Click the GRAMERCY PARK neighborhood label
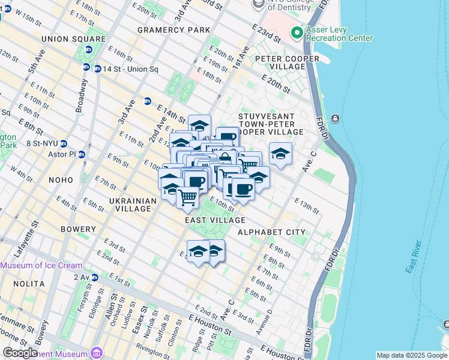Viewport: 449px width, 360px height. point(173,30)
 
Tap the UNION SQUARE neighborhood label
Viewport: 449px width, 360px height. point(65,39)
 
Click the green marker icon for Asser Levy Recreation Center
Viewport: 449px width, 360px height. point(296,32)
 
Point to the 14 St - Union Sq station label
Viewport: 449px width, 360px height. point(130,69)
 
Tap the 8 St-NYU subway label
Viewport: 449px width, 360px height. point(42,143)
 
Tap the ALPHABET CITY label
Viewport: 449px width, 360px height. point(271,232)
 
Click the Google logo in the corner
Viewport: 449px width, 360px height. point(20,353)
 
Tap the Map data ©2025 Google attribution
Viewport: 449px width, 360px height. point(411,355)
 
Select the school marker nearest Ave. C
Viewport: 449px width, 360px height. point(280,154)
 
